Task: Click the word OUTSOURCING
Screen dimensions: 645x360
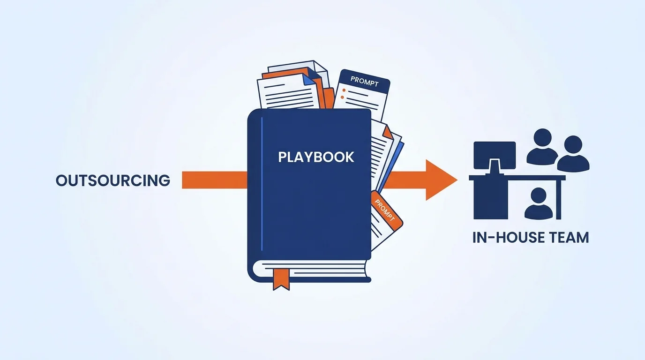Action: click(x=113, y=180)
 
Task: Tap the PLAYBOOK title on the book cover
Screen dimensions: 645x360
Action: click(x=316, y=157)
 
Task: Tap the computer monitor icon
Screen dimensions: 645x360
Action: click(x=495, y=156)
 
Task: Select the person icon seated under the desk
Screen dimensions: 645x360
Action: click(x=539, y=203)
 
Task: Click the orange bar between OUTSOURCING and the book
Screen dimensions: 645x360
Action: click(x=215, y=180)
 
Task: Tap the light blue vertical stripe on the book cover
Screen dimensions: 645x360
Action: click(x=262, y=184)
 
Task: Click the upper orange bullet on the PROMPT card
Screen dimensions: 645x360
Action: click(x=344, y=90)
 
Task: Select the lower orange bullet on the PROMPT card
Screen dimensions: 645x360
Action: click(x=342, y=97)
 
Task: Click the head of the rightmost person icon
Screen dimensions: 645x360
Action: click(x=573, y=144)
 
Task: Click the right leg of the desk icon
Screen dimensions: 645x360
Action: click(x=559, y=200)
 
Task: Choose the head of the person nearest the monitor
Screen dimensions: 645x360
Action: click(x=542, y=138)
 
